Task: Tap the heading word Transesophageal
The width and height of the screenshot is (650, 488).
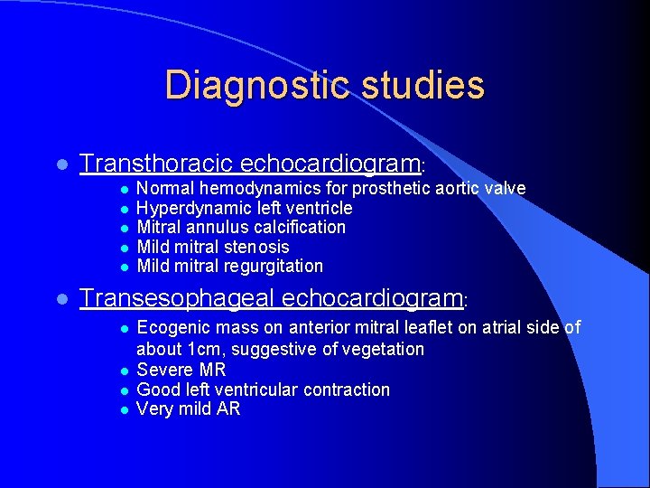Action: point(178,297)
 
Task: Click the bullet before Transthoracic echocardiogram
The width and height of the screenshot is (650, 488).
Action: point(60,165)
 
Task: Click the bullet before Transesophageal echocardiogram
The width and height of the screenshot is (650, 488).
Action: point(60,299)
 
